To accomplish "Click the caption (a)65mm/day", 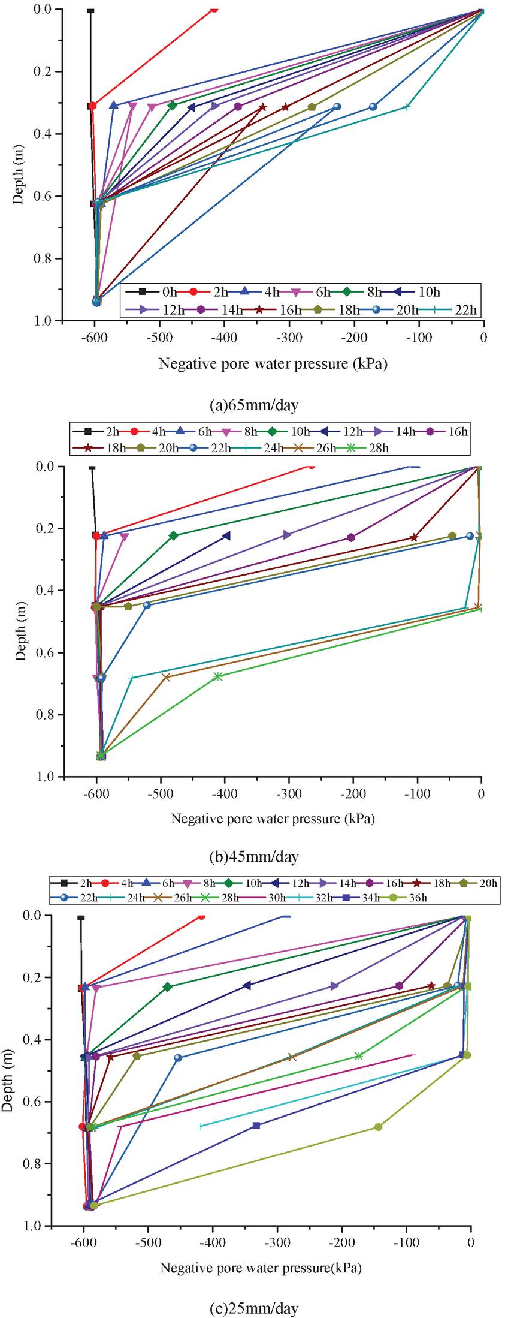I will click(253, 405).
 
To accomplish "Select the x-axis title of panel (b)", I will click(273, 819).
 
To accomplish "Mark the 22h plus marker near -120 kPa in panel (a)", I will click(407, 107).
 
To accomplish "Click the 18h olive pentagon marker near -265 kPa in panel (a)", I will click(312, 107).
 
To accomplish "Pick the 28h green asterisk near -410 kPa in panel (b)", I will click(218, 676).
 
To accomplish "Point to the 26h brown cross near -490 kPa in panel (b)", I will click(166, 677).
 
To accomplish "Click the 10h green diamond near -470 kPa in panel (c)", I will click(168, 986).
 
